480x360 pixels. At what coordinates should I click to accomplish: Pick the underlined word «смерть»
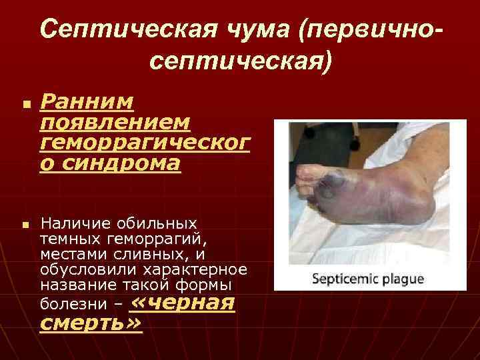[x=91, y=324]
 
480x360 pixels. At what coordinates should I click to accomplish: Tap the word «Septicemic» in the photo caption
[x=345, y=279]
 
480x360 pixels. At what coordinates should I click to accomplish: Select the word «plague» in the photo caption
[x=402, y=279]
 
